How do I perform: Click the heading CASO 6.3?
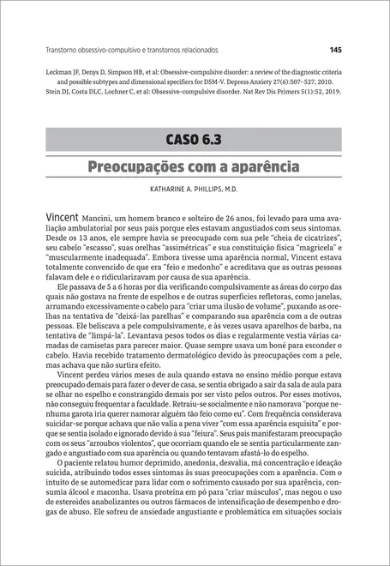195,139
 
